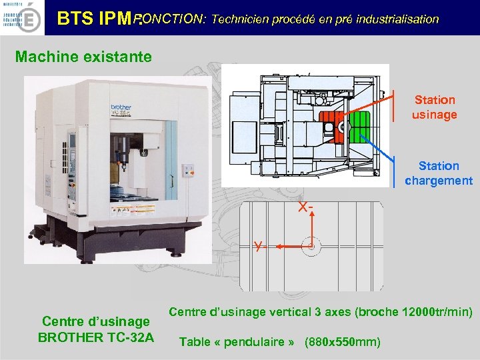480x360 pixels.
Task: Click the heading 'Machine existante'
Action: click(x=83, y=56)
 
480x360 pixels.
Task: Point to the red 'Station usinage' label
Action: click(x=434, y=107)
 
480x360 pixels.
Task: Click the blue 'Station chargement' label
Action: click(x=439, y=173)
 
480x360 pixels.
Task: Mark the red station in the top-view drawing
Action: click(x=329, y=125)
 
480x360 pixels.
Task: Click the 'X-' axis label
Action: click(x=306, y=208)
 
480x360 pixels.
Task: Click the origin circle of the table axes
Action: click(x=310, y=246)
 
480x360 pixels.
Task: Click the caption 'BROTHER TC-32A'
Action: click(x=96, y=337)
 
